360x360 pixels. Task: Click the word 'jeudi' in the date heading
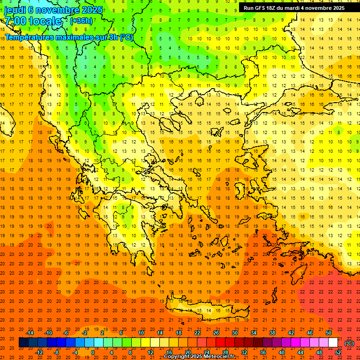(x=15, y=9)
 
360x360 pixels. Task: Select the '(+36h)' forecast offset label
(x=82, y=21)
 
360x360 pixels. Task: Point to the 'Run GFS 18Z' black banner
(x=294, y=7)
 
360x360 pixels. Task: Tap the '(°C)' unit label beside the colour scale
(x=349, y=343)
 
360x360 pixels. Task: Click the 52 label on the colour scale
(x=338, y=352)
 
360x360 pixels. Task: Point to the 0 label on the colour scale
(x=92, y=352)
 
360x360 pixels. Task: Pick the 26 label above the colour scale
(x=216, y=333)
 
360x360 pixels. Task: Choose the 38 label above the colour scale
(x=272, y=333)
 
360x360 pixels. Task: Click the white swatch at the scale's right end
(x=333, y=343)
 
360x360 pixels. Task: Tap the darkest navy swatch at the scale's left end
(x=23, y=343)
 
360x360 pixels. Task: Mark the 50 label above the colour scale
(x=329, y=333)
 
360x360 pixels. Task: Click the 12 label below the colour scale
(x=150, y=352)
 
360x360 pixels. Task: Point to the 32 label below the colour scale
(x=244, y=352)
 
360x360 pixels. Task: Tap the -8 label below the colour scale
(x=57, y=352)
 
